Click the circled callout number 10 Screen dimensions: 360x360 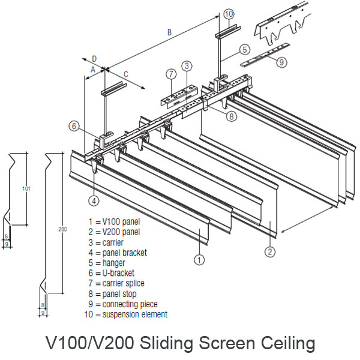coord(229,13)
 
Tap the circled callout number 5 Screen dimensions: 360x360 coord(245,49)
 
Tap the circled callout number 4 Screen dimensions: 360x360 coord(94,200)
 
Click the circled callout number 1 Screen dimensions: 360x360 coord(199,260)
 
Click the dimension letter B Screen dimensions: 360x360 coord(169,33)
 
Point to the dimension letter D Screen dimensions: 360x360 coord(94,58)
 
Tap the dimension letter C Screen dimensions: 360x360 coord(125,74)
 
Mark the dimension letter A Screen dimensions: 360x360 coord(92,70)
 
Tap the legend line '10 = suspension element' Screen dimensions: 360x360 coord(126,314)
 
